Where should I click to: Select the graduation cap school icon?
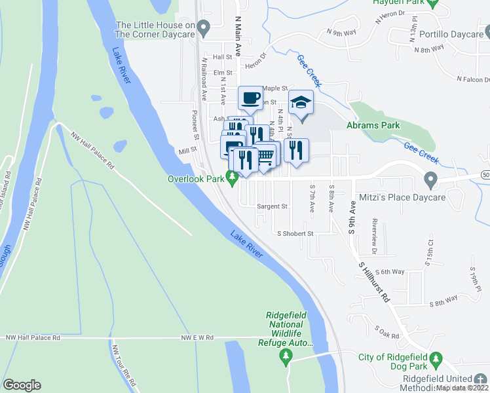301,102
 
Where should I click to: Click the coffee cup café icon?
249,99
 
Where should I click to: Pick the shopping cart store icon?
265,155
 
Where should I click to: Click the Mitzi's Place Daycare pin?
430,178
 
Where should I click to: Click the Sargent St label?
272,206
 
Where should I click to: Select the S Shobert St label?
295,233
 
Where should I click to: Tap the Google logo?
22,385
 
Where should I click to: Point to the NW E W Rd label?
198,338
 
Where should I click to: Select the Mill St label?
187,151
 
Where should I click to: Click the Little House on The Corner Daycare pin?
203,28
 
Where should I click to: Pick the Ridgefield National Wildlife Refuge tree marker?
285,356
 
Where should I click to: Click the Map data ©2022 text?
462,388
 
